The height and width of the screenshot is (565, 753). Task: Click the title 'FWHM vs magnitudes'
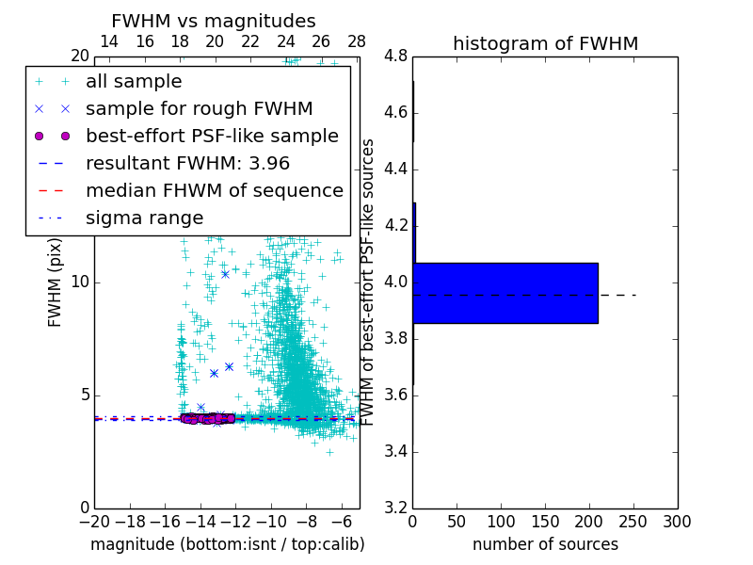pyautogui.click(x=214, y=21)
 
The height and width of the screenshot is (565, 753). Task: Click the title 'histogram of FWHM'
pyautogui.click(x=545, y=43)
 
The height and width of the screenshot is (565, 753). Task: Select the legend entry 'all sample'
pyautogui.click(x=134, y=82)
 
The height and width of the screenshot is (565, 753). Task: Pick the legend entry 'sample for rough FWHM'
pyautogui.click(x=199, y=109)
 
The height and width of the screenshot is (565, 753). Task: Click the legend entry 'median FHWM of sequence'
pyautogui.click(x=214, y=191)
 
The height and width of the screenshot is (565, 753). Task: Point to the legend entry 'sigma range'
pyautogui.click(x=144, y=218)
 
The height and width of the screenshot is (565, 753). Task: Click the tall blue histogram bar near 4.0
pyautogui.click(x=505, y=293)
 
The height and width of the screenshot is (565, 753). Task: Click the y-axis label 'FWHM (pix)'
pyautogui.click(x=56, y=280)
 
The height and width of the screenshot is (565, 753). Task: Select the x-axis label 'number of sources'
pyautogui.click(x=545, y=544)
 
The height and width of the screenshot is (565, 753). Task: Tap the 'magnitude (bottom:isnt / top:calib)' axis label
pyautogui.click(x=227, y=544)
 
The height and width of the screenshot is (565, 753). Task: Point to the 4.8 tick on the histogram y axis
pyautogui.click(x=395, y=56)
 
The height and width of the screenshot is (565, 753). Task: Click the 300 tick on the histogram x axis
pyautogui.click(x=677, y=522)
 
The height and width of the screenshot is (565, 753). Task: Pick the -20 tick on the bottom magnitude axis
pyautogui.click(x=94, y=522)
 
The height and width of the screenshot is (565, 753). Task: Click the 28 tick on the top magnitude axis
pyautogui.click(x=357, y=41)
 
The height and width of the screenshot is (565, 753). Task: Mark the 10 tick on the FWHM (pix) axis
pyautogui.click(x=80, y=282)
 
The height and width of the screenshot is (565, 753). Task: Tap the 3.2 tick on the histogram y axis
pyautogui.click(x=395, y=508)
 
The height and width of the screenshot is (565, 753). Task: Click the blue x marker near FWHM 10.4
pyautogui.click(x=225, y=274)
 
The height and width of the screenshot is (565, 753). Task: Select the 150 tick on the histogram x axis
pyautogui.click(x=545, y=522)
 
